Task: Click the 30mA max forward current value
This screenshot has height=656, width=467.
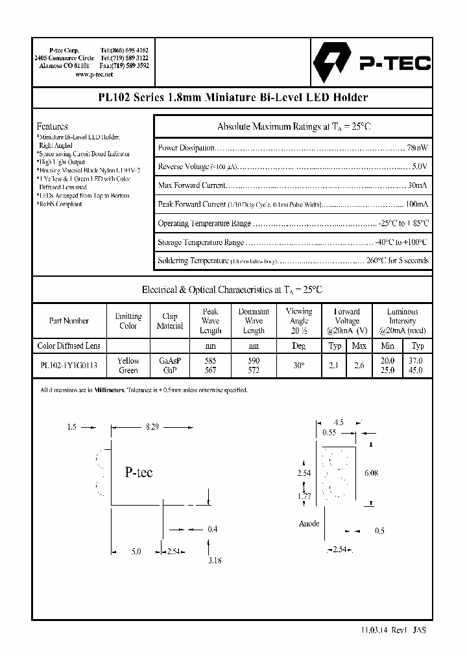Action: (x=418, y=185)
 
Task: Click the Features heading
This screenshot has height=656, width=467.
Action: (x=53, y=126)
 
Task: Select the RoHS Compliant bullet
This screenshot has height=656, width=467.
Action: (x=60, y=204)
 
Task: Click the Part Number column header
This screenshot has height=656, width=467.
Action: (x=69, y=320)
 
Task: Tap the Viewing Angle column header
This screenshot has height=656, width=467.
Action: (x=299, y=320)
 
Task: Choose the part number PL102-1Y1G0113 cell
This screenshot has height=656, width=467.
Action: (x=69, y=366)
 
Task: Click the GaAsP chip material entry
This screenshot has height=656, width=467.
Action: (x=170, y=361)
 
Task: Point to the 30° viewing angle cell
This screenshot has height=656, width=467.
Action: (x=299, y=366)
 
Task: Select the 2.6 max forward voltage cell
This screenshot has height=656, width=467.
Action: (x=359, y=366)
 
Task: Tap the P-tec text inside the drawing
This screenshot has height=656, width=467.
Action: (x=138, y=473)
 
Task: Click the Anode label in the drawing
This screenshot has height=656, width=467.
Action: (x=309, y=523)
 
